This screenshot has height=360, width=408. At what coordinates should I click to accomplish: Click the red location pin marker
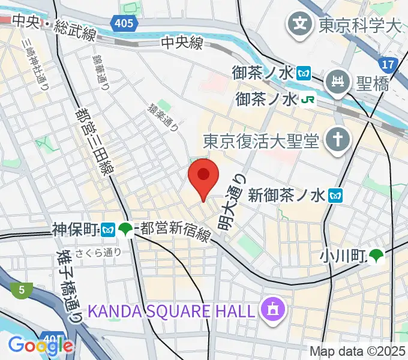[203, 176]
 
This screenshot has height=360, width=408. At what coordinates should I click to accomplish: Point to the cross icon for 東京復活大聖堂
[337, 140]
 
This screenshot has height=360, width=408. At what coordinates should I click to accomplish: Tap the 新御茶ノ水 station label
[286, 194]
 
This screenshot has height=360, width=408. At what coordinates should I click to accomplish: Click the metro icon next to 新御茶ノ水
[338, 194]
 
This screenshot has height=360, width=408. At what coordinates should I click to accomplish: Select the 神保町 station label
[75, 229]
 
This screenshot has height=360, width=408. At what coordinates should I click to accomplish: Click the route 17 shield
[388, 64]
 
